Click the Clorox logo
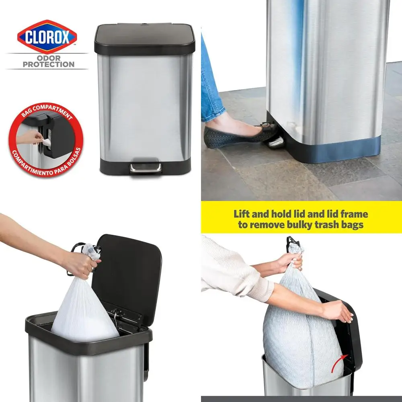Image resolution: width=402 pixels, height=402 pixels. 47,37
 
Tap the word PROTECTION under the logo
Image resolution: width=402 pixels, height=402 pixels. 48,64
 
